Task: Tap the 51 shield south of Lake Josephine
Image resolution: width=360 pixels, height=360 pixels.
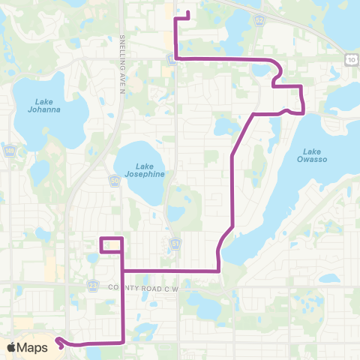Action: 175,243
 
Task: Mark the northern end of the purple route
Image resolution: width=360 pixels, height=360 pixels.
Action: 187,13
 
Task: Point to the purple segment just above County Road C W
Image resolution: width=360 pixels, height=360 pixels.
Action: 169,270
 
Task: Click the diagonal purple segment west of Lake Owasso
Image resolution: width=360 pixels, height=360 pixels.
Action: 241,135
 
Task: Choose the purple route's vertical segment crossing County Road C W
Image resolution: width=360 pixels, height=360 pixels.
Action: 121,300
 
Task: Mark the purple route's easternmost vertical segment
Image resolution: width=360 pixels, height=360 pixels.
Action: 301,99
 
